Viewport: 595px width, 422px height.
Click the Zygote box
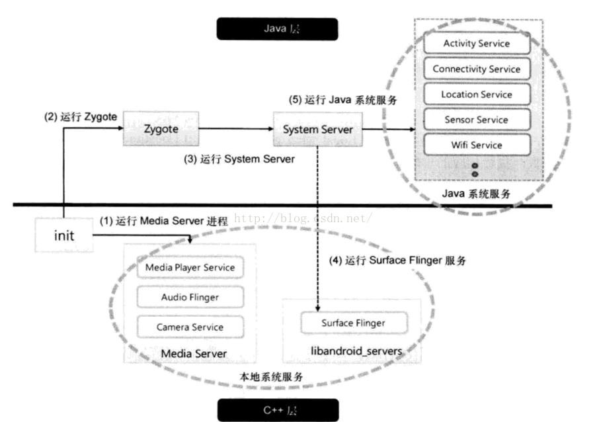(x=161, y=130)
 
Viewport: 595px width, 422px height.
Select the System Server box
(x=318, y=130)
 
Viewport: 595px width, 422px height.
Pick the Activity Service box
(x=477, y=44)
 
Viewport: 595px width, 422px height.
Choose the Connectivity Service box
(x=477, y=69)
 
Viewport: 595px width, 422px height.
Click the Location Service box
(x=477, y=94)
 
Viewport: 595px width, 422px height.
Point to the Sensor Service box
(x=477, y=120)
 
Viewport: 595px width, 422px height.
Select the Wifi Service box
(x=477, y=145)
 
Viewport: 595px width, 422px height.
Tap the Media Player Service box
(x=190, y=268)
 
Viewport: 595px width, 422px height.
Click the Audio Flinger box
(x=190, y=298)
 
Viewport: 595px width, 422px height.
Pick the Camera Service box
(x=190, y=327)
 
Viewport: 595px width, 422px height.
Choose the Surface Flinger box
(x=354, y=323)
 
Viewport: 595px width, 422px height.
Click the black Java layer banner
(x=277, y=29)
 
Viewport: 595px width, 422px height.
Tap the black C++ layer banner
(x=277, y=410)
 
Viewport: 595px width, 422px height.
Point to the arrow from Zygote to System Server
(x=235, y=130)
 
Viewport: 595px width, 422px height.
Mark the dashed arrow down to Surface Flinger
(x=318, y=232)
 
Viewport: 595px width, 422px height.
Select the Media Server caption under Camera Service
(x=194, y=354)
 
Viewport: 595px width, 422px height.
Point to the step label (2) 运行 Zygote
(x=80, y=116)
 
